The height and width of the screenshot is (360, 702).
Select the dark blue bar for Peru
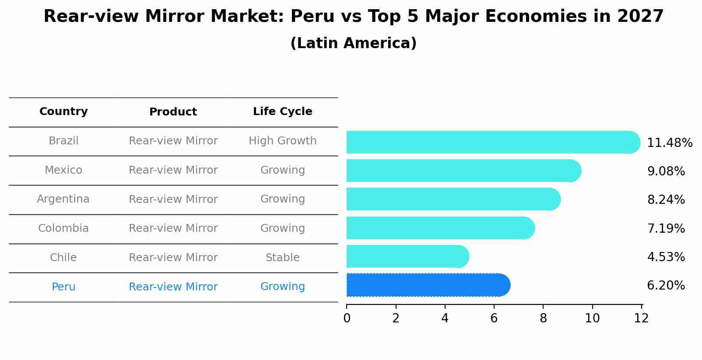tap(428, 285)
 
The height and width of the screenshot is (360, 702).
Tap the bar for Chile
tap(407, 256)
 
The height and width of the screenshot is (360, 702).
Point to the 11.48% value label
tap(669, 143)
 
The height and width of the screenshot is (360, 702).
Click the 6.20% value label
tap(666, 286)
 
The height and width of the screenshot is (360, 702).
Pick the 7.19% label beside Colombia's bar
tap(666, 228)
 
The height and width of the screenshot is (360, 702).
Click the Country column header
tap(63, 112)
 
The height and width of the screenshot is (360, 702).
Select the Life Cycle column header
tap(282, 112)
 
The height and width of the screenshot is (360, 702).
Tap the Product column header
tap(173, 112)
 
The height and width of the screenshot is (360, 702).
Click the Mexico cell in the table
tap(63, 170)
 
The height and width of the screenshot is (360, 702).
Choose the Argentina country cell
tap(63, 199)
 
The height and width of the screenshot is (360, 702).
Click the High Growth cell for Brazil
tap(282, 141)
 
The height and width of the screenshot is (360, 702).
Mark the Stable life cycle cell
tap(282, 258)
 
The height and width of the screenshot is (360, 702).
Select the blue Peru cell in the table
tap(63, 287)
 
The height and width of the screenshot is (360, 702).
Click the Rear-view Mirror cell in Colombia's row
tap(173, 228)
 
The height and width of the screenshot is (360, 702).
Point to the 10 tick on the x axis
tap(592, 318)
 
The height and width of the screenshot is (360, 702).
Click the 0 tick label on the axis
tap(347, 318)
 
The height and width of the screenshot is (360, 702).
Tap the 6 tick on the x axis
tap(494, 318)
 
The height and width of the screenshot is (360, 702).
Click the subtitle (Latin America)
tap(353, 43)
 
